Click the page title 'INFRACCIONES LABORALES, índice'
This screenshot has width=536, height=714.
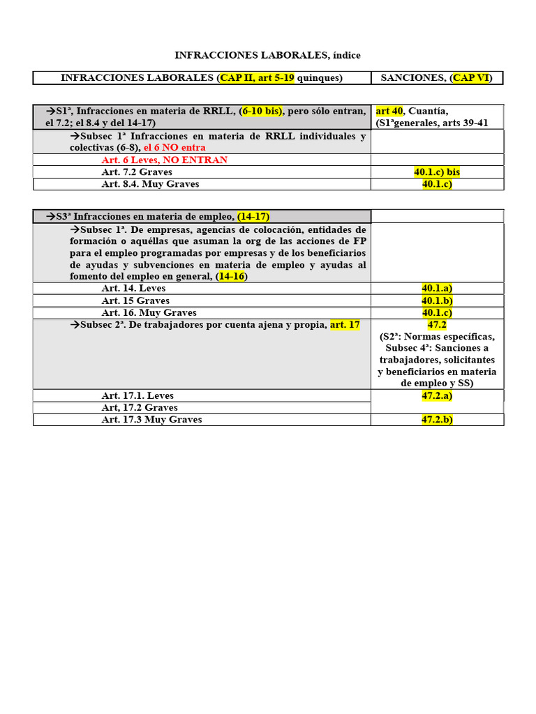267,55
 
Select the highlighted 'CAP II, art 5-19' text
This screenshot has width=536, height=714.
257,78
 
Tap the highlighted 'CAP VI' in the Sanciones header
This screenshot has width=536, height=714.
471,78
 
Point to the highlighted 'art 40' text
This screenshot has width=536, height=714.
390,111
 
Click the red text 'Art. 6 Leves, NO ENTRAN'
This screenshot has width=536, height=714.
164,160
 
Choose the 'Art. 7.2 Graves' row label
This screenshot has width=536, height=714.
137,172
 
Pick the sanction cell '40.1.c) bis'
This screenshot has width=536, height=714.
437,172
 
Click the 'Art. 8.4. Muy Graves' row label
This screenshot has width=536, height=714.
150,184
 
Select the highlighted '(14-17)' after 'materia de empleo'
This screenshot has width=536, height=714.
253,216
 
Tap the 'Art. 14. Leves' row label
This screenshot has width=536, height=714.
133,288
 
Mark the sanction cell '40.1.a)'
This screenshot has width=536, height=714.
437,288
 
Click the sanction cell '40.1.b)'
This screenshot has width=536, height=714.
437,301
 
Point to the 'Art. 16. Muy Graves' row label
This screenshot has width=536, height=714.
149,313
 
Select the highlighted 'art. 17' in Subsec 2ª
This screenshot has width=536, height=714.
345,325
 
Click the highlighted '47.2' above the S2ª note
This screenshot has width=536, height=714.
437,325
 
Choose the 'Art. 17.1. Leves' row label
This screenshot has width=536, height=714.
137,396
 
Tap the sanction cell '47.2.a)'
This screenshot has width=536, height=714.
437,396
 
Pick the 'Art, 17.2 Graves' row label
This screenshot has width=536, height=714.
140,408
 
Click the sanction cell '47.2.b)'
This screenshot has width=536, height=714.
437,420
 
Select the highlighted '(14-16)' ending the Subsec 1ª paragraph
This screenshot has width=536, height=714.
232,276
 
